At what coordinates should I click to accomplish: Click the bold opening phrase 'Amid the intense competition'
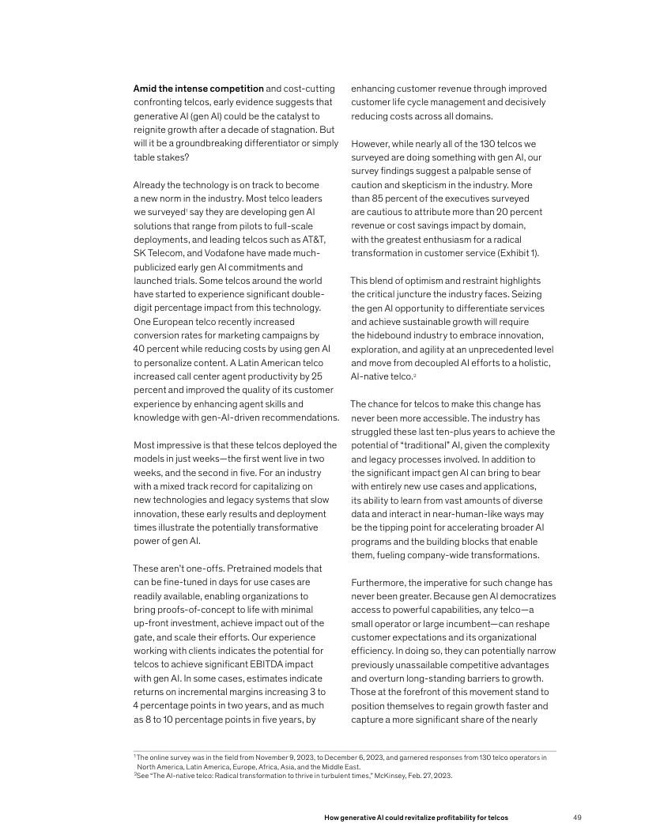198,89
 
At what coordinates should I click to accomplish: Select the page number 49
577,816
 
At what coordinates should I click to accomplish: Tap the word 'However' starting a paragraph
371,144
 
